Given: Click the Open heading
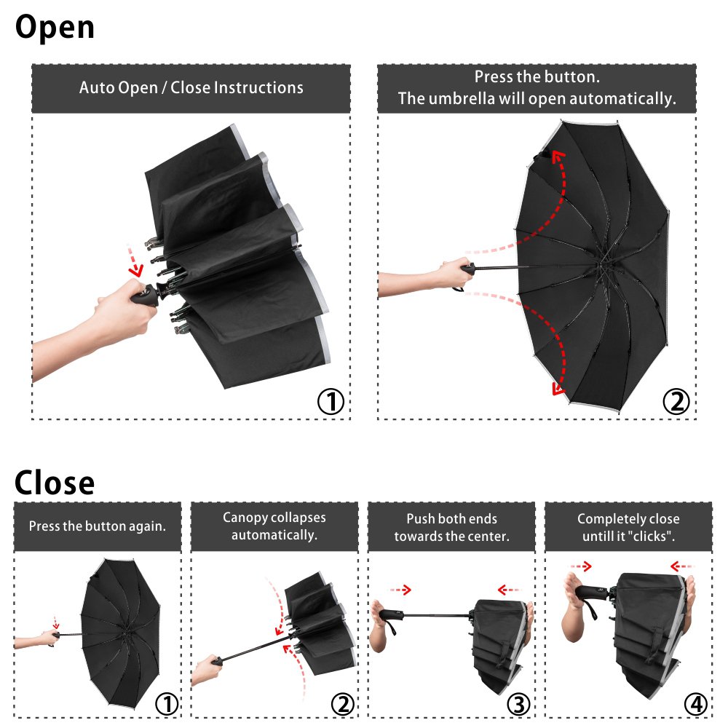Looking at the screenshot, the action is click(x=55, y=28).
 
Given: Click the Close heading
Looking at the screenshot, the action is click(x=55, y=483).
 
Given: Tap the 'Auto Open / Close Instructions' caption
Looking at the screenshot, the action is click(x=191, y=88).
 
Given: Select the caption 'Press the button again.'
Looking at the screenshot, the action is click(x=97, y=526).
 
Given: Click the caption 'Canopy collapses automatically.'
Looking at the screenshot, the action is click(x=274, y=526).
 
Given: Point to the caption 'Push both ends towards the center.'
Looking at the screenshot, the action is click(x=451, y=527).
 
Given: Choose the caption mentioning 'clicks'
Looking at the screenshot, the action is click(x=628, y=527).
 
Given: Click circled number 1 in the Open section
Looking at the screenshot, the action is click(x=331, y=401).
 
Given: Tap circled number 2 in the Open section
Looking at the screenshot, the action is click(x=676, y=401).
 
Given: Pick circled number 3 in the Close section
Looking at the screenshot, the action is click(x=518, y=704).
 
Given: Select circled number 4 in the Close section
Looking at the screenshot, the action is click(x=695, y=704).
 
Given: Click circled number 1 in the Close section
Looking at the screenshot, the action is click(x=166, y=704).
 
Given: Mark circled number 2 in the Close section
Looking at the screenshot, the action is click(x=342, y=704).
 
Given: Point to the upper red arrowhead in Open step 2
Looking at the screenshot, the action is click(x=558, y=154).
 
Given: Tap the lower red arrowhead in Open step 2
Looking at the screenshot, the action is click(x=558, y=390).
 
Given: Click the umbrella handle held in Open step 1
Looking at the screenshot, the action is click(x=146, y=296).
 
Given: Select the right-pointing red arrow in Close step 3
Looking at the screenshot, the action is click(x=400, y=589).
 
